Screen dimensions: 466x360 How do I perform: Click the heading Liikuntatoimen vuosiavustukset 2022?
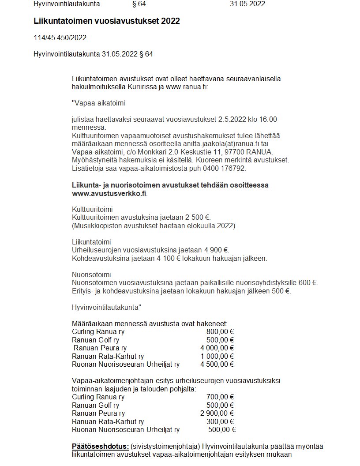106,21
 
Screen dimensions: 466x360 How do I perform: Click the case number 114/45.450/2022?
60,38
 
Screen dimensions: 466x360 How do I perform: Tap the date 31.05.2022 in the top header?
247,4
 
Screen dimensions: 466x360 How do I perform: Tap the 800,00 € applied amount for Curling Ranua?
220,332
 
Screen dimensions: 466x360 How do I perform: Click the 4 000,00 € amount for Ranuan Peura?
217,348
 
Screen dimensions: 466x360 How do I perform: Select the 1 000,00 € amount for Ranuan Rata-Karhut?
217,356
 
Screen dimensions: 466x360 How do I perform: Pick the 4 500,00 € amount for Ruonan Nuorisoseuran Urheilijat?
217,364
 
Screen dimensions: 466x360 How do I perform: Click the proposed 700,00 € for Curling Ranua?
220,397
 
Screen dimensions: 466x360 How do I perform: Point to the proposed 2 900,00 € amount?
217,413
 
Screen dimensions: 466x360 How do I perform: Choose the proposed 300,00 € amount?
220,421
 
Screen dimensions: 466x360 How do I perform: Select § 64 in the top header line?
139,4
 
